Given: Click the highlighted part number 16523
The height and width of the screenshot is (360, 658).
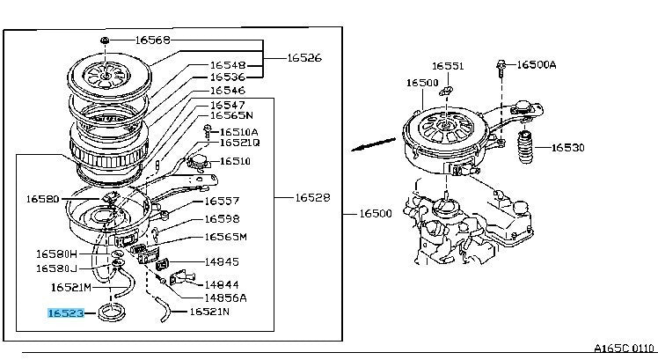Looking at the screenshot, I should click(65, 312).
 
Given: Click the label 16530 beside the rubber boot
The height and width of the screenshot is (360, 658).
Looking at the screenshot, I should click(567, 147).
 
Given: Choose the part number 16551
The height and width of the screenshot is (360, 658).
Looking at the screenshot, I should click(448, 66).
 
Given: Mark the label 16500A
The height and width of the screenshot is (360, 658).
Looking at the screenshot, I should click(537, 64).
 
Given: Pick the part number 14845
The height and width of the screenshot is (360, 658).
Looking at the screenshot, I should click(222, 261).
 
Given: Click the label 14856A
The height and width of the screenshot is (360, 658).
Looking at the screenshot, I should click(225, 298).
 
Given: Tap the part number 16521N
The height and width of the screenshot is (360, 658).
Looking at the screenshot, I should click(210, 312).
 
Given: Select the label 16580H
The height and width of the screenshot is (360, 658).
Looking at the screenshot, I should click(56, 253).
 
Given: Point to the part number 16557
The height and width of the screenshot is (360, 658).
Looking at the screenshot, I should click(222, 200).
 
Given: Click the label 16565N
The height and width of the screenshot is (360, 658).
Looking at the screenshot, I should click(230, 115).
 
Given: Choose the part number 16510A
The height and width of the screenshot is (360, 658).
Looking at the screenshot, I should click(238, 131).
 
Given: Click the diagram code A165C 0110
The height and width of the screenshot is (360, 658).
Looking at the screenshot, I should click(624, 349).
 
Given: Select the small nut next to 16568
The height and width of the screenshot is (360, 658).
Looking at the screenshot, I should click(105, 40).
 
